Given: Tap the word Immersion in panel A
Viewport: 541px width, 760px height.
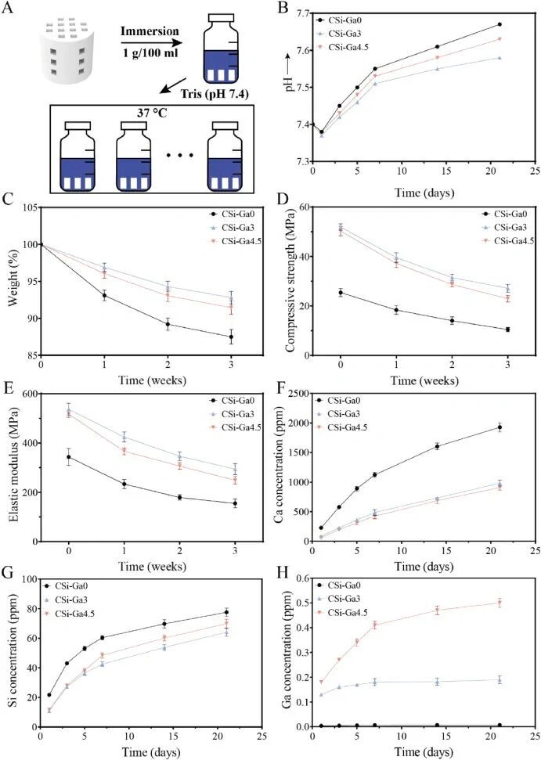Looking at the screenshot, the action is [150, 31].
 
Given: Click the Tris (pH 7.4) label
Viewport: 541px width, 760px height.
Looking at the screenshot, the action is [215, 93].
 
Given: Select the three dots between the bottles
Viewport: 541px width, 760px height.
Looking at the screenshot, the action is [179, 155].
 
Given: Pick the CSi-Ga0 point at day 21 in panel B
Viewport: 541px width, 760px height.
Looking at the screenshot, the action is [500, 24].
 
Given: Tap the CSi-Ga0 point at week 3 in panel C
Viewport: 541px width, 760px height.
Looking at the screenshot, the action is [231, 337].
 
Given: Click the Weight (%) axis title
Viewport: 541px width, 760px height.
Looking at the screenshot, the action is [13, 281].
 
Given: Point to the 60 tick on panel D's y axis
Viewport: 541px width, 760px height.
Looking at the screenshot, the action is [305, 207].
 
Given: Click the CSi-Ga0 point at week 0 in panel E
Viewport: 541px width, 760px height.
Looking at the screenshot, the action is [69, 456].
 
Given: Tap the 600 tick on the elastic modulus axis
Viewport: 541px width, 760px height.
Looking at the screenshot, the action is [30, 394].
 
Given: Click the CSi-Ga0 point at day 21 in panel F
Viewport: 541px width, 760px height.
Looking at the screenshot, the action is [500, 427].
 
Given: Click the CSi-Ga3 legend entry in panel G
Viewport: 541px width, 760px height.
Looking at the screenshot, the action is [70, 600].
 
